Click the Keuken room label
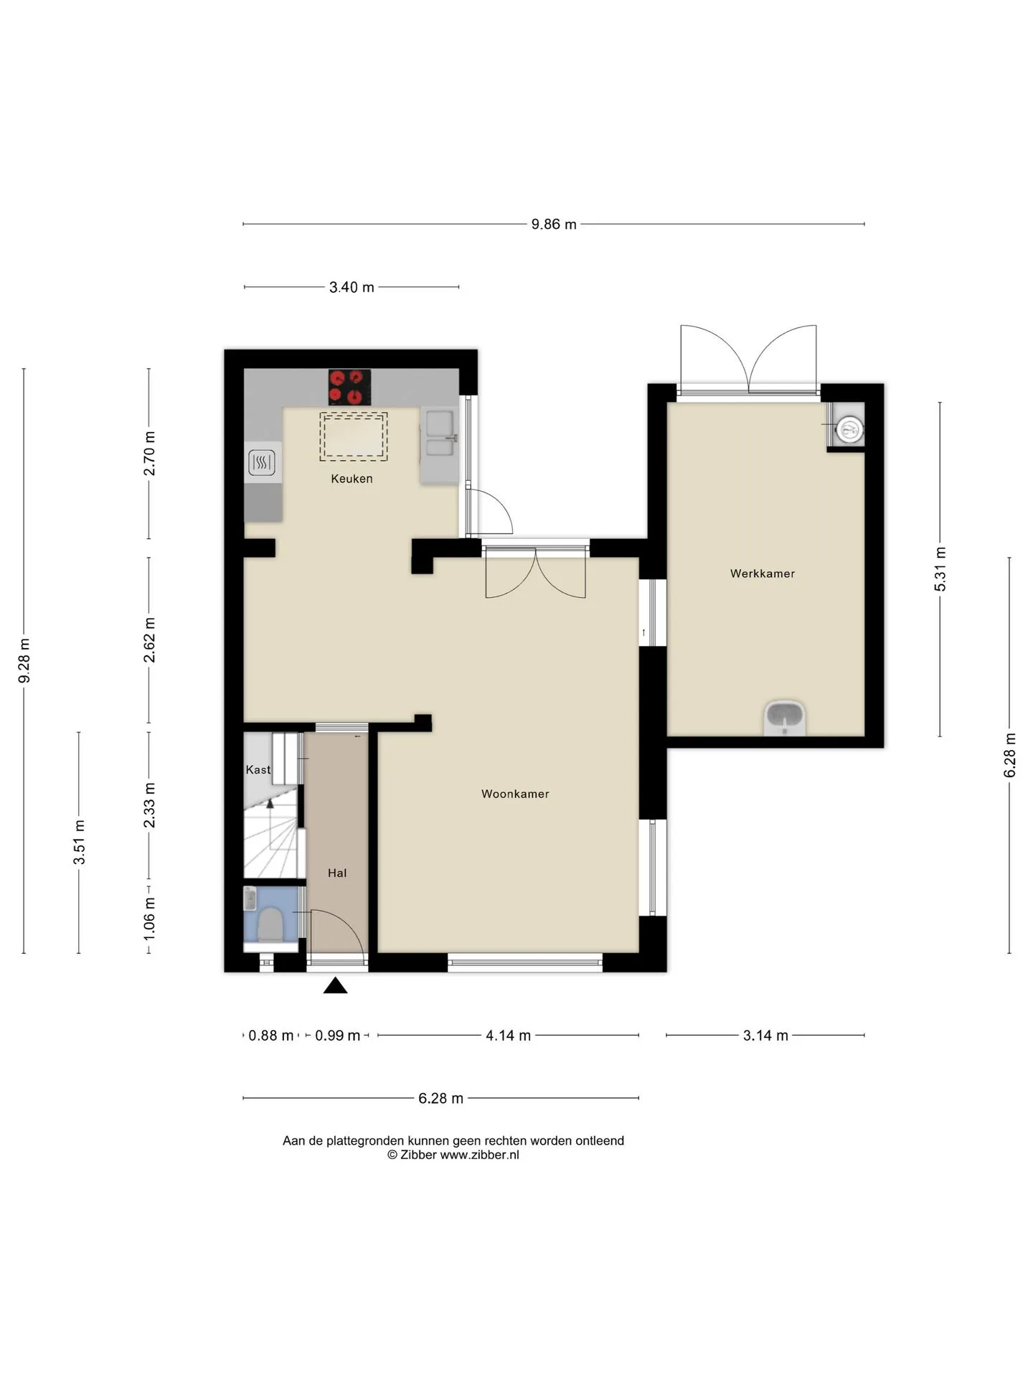352,479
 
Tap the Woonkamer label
515,794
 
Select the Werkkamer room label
763,573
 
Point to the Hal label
337,873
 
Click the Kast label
258,769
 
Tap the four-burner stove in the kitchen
349,387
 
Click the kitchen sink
439,433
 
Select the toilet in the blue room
270,924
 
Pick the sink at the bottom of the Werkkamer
786,718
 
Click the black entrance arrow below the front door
335,985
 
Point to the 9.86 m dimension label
554,224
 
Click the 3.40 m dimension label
352,287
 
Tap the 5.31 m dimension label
940,569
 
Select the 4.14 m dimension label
509,1035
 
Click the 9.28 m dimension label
24,661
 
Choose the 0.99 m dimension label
338,1035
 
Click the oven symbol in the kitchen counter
262,463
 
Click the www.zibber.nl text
479,1155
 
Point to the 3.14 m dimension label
765,1035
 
